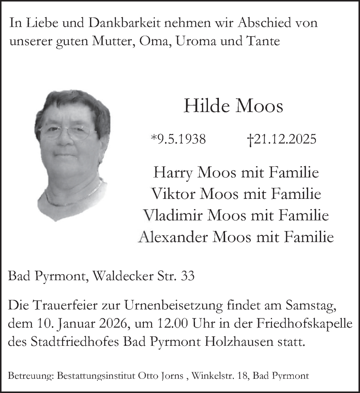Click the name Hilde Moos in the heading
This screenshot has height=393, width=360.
(233, 106)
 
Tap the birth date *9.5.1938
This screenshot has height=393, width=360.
(178, 139)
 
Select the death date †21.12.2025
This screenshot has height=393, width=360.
(281, 139)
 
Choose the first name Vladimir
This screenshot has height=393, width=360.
(169, 216)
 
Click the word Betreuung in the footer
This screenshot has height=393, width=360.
(31, 376)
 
